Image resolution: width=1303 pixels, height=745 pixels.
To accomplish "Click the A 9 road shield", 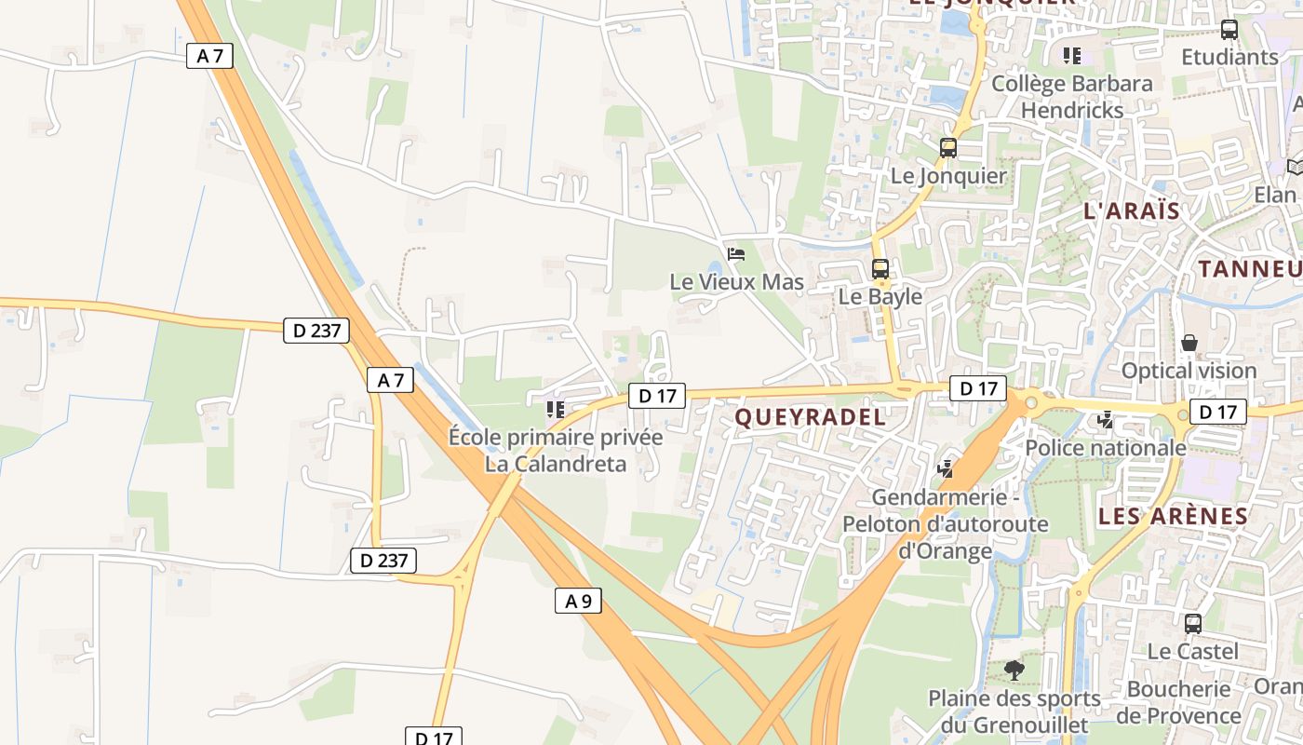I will [x=578, y=601].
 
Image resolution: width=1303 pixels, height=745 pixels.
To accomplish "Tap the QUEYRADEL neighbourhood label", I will [x=811, y=417].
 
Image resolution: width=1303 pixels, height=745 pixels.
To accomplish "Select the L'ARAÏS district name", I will [x=1132, y=210].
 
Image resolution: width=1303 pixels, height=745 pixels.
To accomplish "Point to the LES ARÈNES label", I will [x=1173, y=516].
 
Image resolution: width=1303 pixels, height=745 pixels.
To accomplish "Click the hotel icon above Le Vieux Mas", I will [x=736, y=253].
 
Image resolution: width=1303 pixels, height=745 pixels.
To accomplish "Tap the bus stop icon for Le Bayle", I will [x=880, y=269].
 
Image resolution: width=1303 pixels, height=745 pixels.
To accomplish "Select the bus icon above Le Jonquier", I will [x=948, y=147].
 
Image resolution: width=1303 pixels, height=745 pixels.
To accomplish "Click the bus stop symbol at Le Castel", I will [x=1193, y=624].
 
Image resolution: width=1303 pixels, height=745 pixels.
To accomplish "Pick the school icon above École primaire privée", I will [x=556, y=409].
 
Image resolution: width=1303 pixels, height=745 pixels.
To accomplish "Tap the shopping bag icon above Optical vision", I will [x=1189, y=343].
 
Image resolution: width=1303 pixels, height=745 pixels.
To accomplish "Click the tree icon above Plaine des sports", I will [x=1014, y=670].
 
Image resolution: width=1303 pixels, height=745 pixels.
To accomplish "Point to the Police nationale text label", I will [x=1106, y=448].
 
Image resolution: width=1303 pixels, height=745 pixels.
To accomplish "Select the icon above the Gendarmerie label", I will [x=946, y=468].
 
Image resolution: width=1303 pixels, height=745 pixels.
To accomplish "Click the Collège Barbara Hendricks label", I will [x=1072, y=96].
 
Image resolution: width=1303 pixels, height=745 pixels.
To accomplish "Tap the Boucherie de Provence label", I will [x=1185, y=702].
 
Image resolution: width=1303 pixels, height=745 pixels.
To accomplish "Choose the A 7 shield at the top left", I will [x=209, y=56].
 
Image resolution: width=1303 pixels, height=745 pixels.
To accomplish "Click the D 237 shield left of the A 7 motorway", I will [x=316, y=330].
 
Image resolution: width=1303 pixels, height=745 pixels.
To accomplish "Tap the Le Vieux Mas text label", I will [x=737, y=281].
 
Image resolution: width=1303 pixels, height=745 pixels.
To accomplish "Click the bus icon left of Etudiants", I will [x=1229, y=30].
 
